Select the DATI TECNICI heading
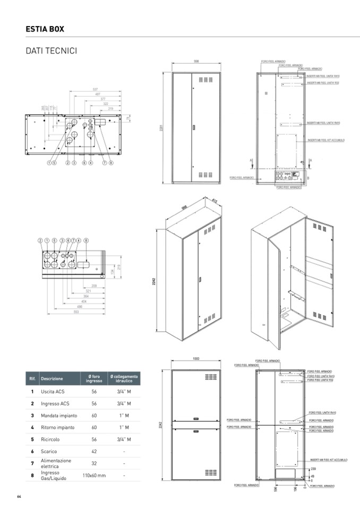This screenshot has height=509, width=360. pyautogui.click(x=52, y=51)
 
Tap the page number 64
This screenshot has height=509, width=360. pyautogui.click(x=19, y=497)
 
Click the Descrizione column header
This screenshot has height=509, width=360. pyautogui.click(x=52, y=379)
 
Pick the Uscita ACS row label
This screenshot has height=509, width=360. pyautogui.click(x=52, y=392)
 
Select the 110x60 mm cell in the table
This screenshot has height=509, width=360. pyautogui.click(x=95, y=476)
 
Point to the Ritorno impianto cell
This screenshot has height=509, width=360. pyautogui.click(x=57, y=427)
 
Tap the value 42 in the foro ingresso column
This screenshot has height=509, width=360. pyautogui.click(x=94, y=451)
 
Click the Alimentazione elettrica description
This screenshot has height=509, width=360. pyautogui.click(x=56, y=463)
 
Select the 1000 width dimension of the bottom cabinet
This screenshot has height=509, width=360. pyautogui.click(x=195, y=359)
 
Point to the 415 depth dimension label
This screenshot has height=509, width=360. pyautogui.click(x=215, y=201)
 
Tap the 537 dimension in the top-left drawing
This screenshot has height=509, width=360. pyautogui.click(x=95, y=89)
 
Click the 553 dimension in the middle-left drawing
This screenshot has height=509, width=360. pyautogui.click(x=76, y=312)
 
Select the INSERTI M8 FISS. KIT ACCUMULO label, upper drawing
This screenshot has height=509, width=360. pyautogui.click(x=325, y=140)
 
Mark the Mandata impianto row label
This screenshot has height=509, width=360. pyautogui.click(x=59, y=416)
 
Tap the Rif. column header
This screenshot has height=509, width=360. pyautogui.click(x=32, y=379)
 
